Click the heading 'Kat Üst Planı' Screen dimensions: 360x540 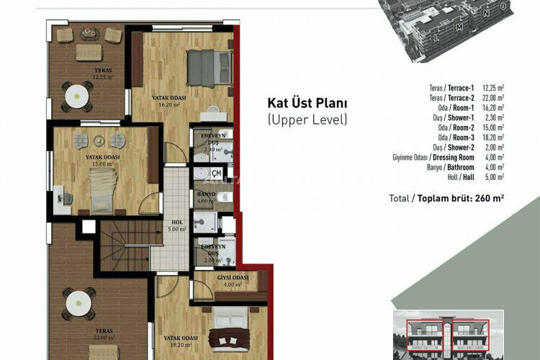(307, 104)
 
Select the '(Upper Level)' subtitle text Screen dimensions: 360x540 (307, 120)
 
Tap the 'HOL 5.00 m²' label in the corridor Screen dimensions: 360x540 (176, 225)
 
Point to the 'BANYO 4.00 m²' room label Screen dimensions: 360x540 (206, 197)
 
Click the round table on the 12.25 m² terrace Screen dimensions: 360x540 (76, 95)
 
